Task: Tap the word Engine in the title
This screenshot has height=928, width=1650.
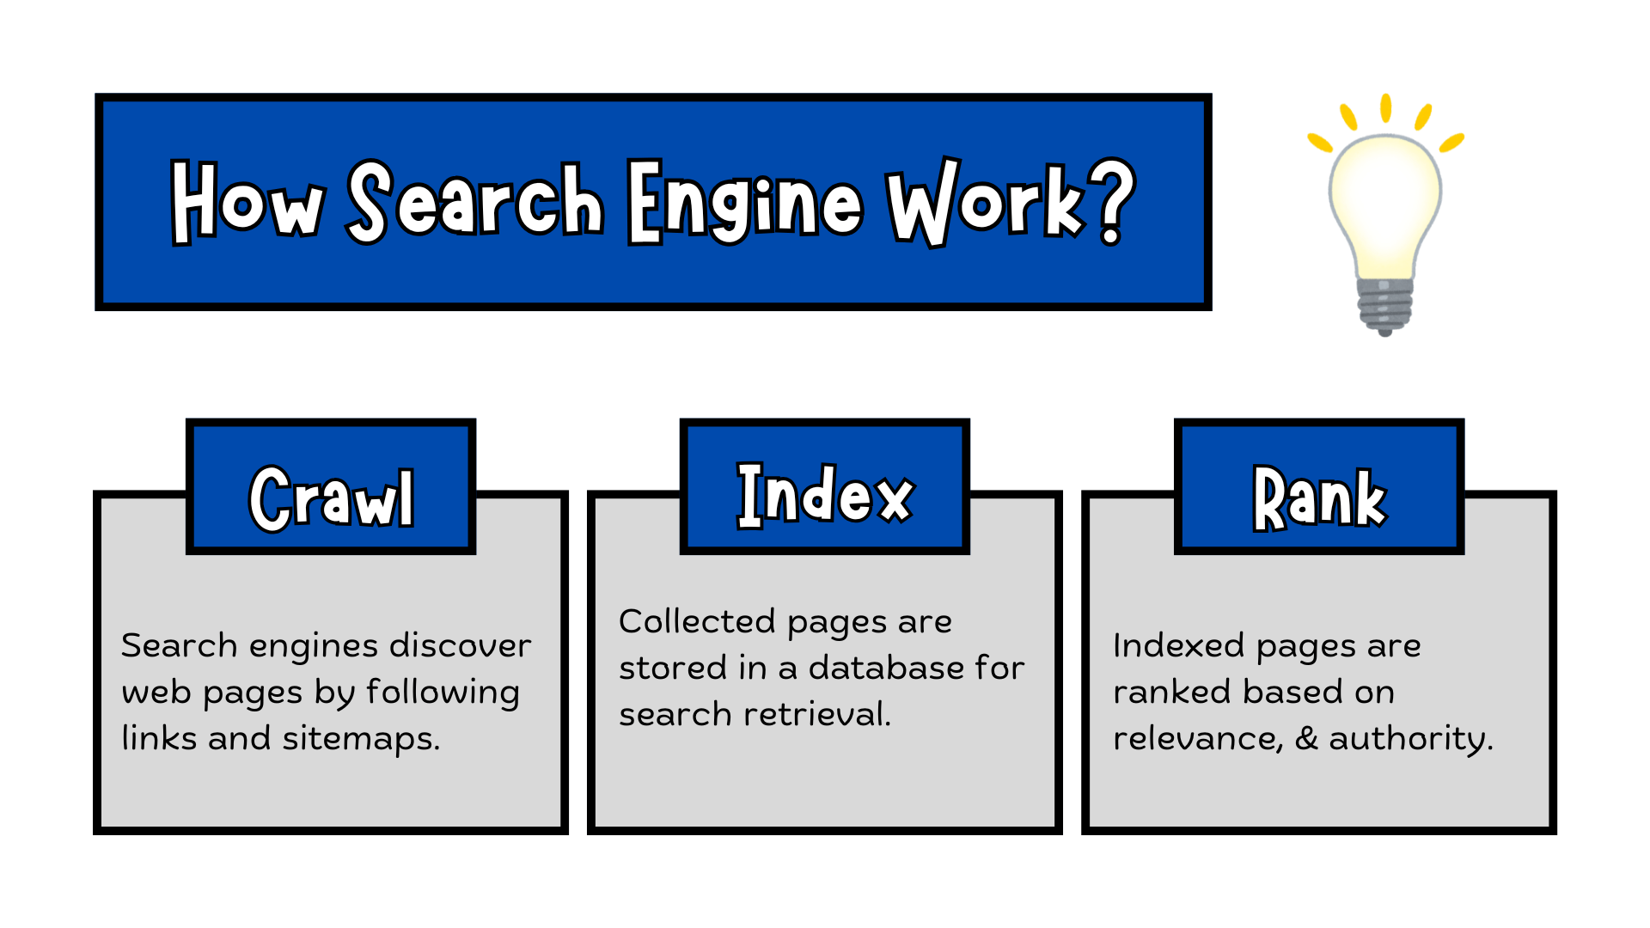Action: point(743,202)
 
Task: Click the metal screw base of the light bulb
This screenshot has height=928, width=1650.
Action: point(1384,305)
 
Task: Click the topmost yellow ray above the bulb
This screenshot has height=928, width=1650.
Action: point(1385,108)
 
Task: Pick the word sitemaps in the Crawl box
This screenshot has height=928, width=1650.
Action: point(361,739)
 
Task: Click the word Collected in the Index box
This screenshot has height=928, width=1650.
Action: point(697,622)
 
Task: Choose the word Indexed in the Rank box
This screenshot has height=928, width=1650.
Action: point(1178,646)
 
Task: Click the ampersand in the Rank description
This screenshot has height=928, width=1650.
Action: point(1306,739)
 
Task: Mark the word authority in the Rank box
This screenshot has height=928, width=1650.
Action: point(1409,739)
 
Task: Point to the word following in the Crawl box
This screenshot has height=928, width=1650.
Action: point(443,693)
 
